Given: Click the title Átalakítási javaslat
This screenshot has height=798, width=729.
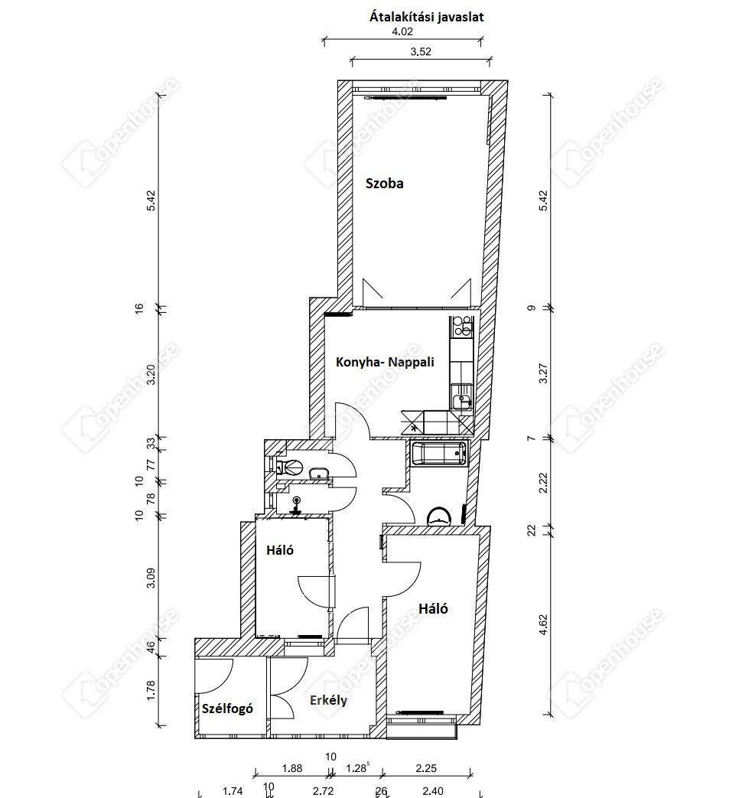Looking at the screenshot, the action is click(426, 18).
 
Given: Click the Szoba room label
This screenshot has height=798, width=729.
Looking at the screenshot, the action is click(385, 184).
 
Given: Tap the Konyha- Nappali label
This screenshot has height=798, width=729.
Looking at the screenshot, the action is click(385, 363).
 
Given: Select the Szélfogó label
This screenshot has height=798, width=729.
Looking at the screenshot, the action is click(227, 708).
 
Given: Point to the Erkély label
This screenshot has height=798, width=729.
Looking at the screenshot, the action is click(329, 701).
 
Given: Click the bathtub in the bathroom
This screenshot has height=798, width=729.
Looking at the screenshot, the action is click(438, 454).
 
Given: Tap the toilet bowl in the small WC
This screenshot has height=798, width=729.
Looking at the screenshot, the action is click(291, 466).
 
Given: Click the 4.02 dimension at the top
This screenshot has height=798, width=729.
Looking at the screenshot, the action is click(402, 31).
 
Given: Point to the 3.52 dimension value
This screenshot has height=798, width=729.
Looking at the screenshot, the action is click(421, 52).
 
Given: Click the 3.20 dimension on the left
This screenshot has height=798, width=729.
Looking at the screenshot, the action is click(151, 374).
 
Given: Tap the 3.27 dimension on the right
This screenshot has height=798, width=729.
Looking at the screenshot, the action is click(543, 373).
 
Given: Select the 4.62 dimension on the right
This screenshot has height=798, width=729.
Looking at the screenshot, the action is click(543, 624).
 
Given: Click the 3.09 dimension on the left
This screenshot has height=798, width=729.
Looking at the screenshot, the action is click(151, 578).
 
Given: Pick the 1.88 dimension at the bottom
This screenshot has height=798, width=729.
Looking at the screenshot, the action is click(292, 768).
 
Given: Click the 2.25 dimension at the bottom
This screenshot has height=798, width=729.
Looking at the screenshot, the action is click(426, 768).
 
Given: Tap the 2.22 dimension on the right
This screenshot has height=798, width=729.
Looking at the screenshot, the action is click(543, 483).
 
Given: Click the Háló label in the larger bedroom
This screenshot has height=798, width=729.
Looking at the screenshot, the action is click(433, 609).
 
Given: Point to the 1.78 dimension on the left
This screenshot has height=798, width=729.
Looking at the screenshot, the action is click(151, 691).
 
